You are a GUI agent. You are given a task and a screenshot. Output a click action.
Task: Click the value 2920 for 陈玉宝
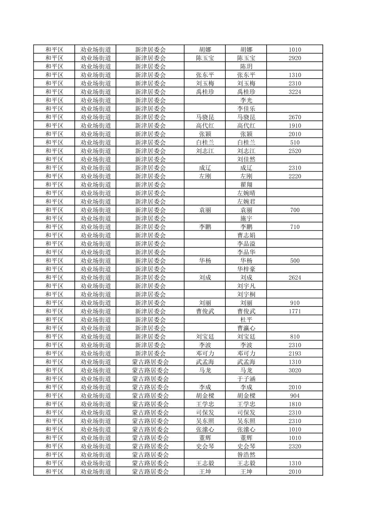pyautogui.click(x=295, y=58)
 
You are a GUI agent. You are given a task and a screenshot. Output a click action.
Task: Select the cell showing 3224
pyautogui.click(x=295, y=92)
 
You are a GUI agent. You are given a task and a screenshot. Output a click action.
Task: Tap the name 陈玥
pyautogui.click(x=246, y=67)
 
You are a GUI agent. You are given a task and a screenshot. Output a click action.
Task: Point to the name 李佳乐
pyautogui.click(x=246, y=109)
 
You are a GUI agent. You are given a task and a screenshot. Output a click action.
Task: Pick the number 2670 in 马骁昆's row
pyautogui.click(x=295, y=117)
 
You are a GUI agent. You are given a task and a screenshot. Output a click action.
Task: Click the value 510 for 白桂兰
pyautogui.click(x=295, y=142)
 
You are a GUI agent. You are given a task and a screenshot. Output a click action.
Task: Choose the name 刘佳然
pyautogui.click(x=246, y=159)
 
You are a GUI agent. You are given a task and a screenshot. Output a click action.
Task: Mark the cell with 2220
pyautogui.click(x=295, y=176)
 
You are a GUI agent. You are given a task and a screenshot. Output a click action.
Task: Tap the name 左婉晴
pyautogui.click(x=246, y=193)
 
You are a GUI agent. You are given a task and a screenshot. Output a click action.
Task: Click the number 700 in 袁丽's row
pyautogui.click(x=295, y=210)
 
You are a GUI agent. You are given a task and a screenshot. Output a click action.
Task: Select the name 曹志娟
pyautogui.click(x=246, y=235)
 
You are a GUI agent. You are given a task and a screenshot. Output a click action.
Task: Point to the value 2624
pyautogui.click(x=295, y=278)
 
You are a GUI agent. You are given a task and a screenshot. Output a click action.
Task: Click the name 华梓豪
pyautogui.click(x=246, y=269)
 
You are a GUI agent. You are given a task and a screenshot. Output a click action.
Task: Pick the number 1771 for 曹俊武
pyautogui.click(x=295, y=311)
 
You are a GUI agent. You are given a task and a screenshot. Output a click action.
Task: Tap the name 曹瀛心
pyautogui.click(x=246, y=328)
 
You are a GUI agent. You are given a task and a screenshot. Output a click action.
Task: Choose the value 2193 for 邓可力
pyautogui.click(x=295, y=353)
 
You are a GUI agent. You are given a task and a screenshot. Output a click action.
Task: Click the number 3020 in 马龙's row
pyautogui.click(x=295, y=370)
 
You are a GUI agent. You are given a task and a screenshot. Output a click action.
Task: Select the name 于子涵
pyautogui.click(x=246, y=379)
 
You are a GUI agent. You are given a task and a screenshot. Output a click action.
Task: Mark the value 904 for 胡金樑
pyautogui.click(x=295, y=396)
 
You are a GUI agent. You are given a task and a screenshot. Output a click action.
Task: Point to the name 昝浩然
pyautogui.click(x=246, y=455)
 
